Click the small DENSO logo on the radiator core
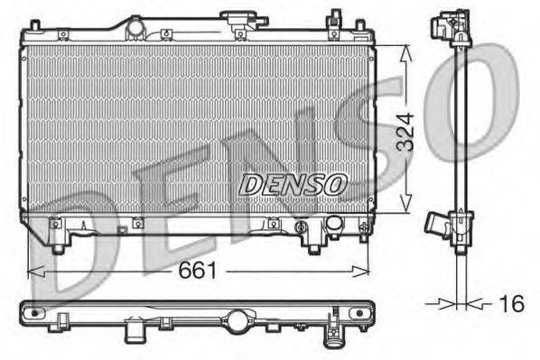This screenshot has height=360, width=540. pyautogui.click(x=293, y=184)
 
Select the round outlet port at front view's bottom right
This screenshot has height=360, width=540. pyautogui.click(x=333, y=223)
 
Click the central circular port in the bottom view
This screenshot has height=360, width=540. pyautogui.click(x=237, y=318)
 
